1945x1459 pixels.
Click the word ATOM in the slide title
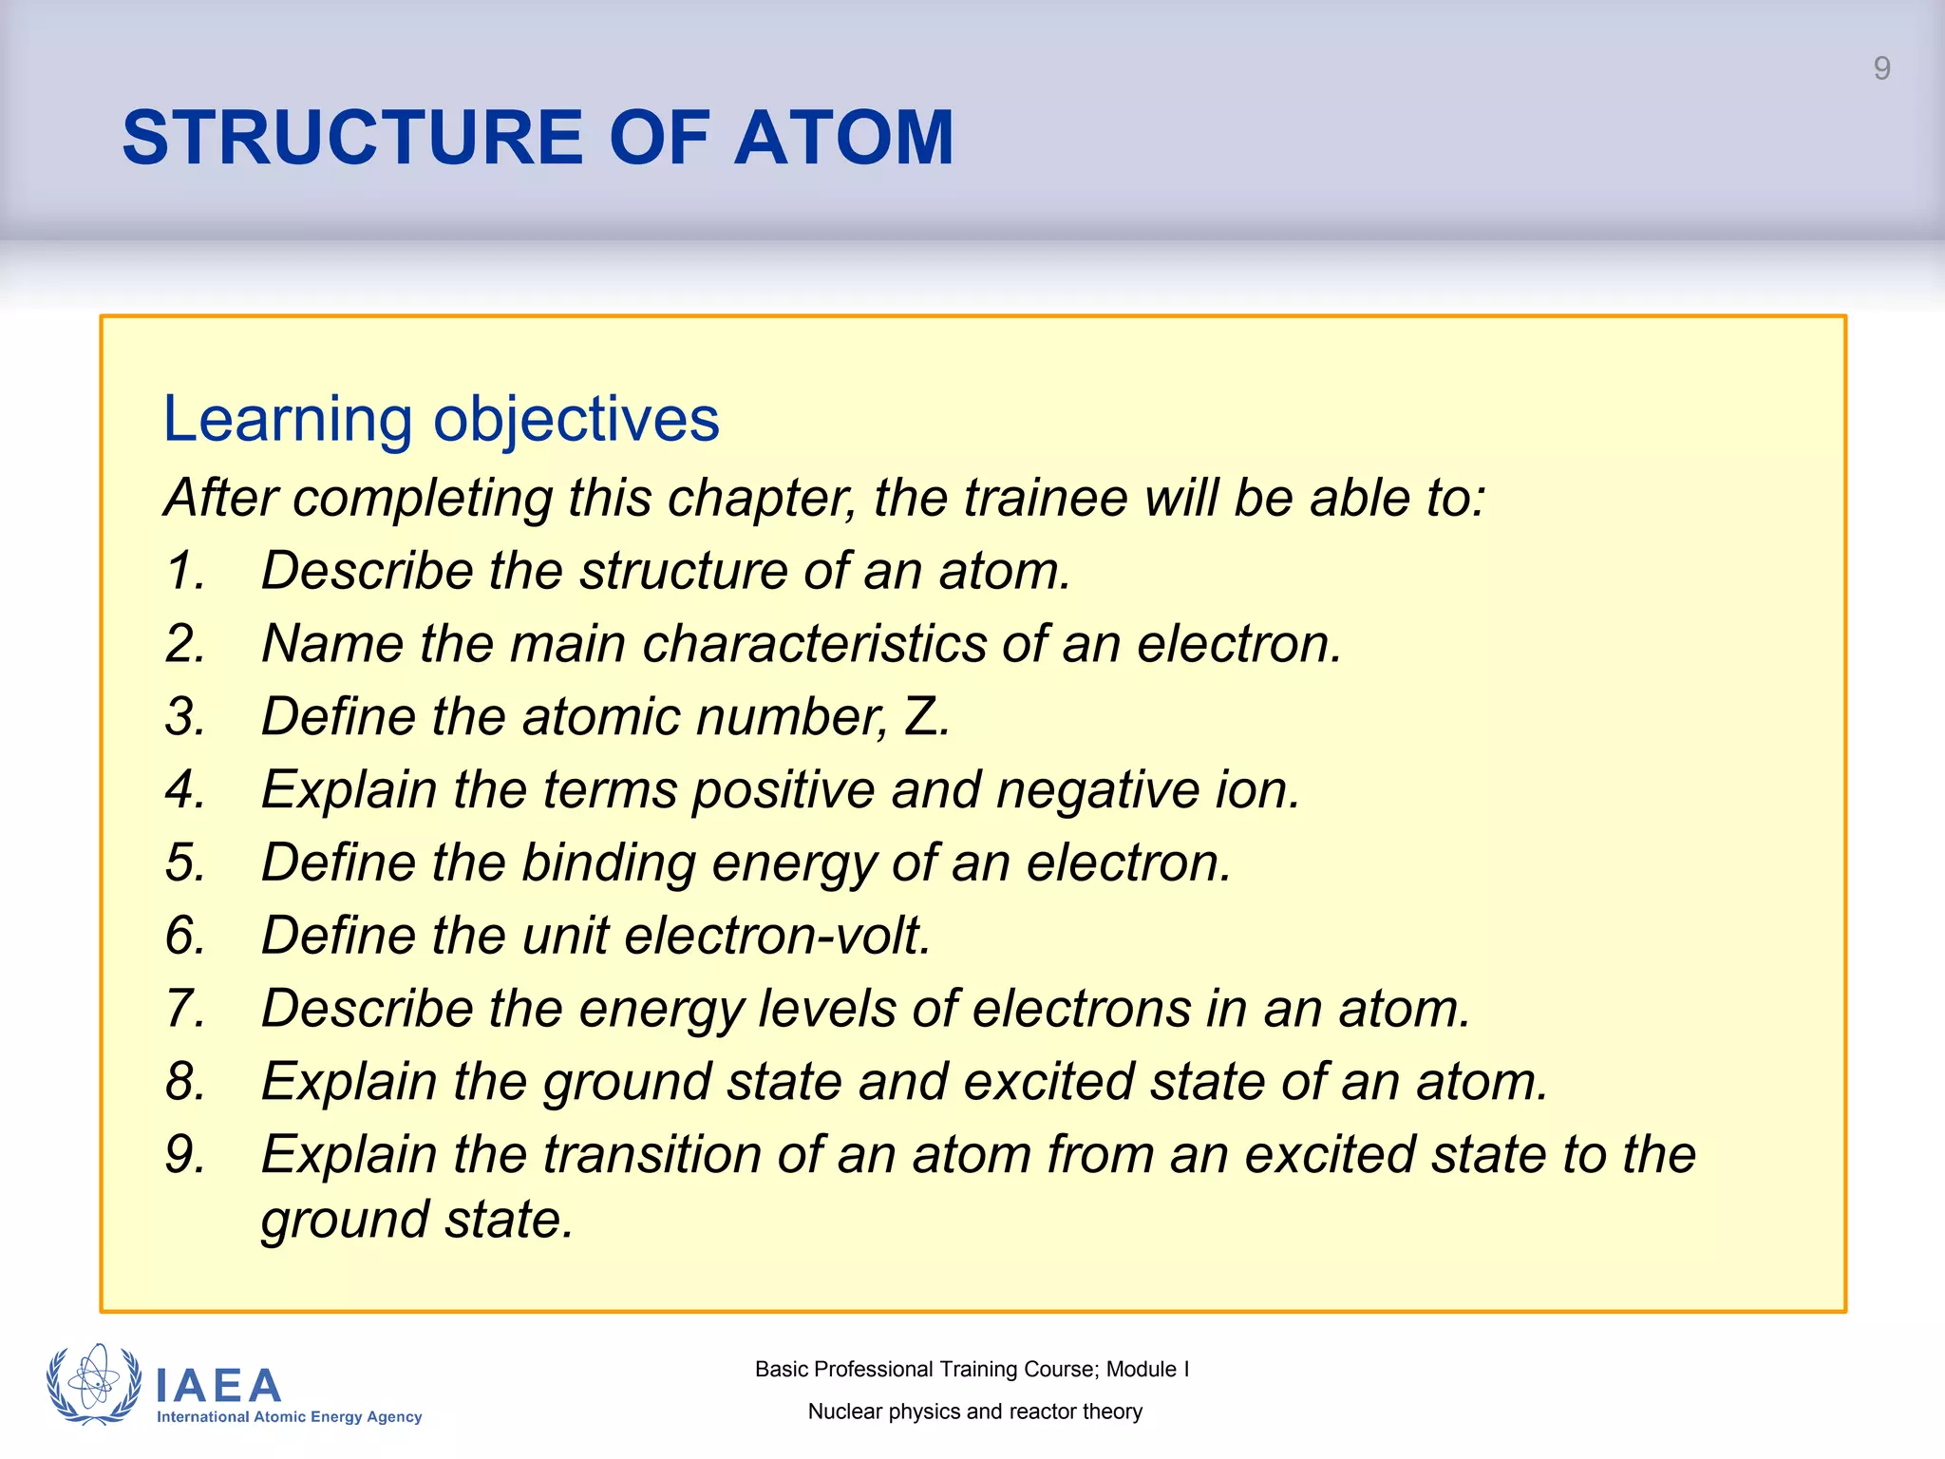(843, 138)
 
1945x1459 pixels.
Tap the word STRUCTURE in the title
(352, 138)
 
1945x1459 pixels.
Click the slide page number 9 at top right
(1881, 68)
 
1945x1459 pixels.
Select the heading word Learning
(287, 419)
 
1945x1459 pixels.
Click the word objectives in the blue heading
(576, 419)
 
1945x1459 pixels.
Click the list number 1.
(184, 571)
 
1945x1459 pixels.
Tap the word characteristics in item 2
(815, 644)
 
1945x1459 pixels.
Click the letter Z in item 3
(921, 716)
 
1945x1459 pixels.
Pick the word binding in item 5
(608, 862)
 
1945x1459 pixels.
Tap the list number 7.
(184, 1009)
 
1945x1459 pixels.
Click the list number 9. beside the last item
(184, 1155)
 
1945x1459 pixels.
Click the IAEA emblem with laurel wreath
(93, 1384)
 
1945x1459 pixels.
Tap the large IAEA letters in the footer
(218, 1386)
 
